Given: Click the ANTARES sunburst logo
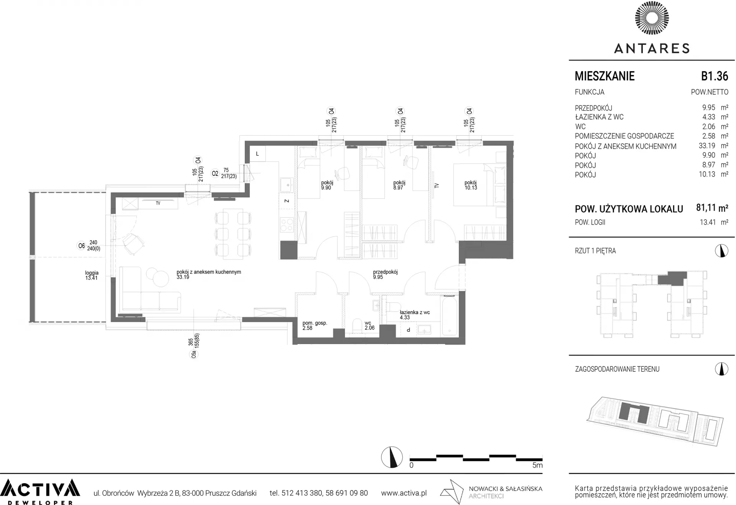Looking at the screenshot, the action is pos(652,18).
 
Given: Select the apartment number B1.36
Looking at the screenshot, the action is pos(715,76).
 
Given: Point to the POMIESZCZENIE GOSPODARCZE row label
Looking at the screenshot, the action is pos(624,136).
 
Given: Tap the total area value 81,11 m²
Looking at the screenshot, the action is pos(712,208).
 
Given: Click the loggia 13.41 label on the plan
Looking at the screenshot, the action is pos(92,275).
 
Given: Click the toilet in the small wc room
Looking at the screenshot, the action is pos(357,326).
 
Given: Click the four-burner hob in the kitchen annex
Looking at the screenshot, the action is pos(287,225).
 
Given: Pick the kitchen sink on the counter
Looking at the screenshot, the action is pos(286,185).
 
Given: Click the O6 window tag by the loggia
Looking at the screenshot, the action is pos(81,246).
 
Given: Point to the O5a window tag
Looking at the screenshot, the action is pos(194,355).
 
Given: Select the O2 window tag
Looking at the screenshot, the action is pos(215,174).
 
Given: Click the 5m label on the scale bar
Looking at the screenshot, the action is pos(537,465).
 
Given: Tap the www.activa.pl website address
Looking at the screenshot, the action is pos(404,493).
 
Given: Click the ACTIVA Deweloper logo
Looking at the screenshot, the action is pos(40,492).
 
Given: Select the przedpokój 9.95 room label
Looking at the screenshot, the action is pos(385,274).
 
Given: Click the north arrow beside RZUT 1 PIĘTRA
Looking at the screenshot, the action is pos(721,251).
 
